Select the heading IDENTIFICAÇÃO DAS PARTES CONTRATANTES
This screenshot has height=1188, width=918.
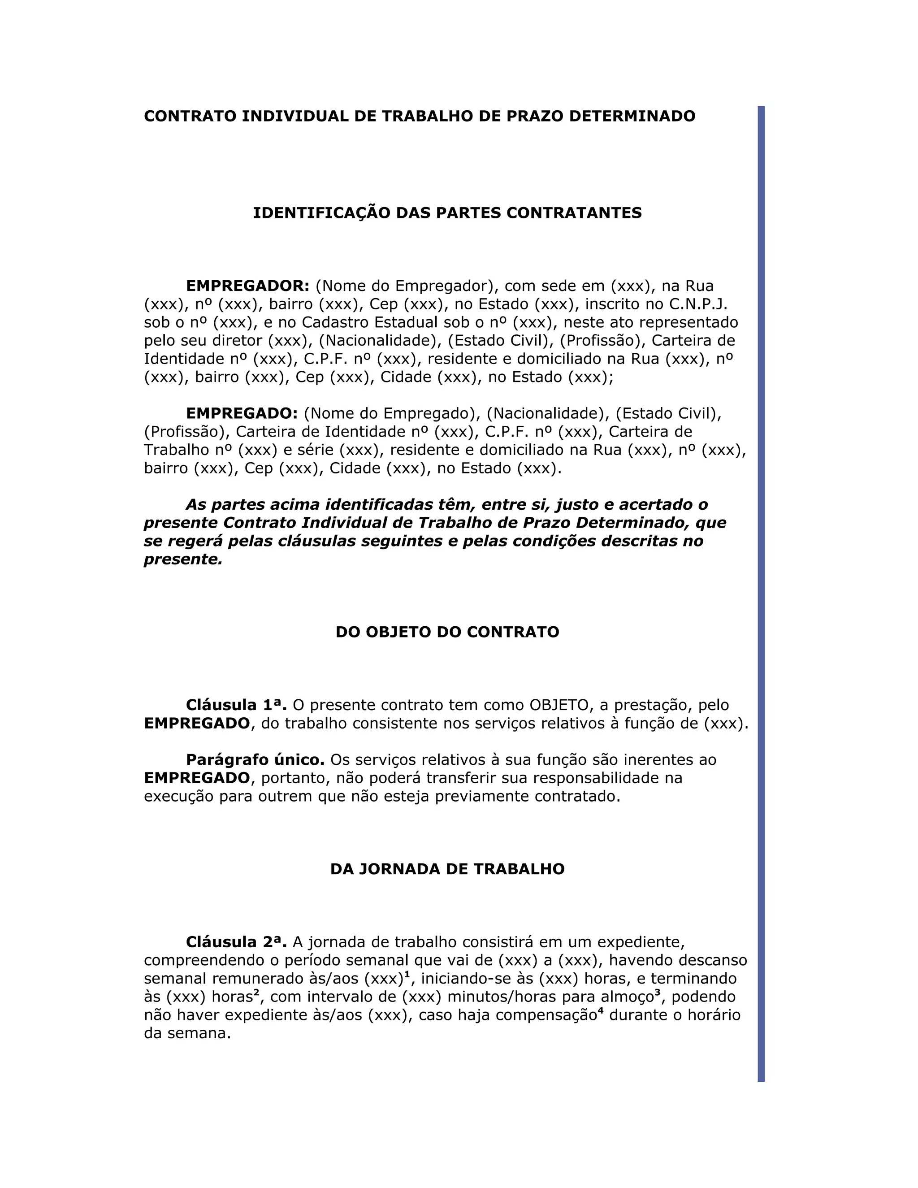coord(447,212)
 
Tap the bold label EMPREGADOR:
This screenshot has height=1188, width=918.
coord(247,286)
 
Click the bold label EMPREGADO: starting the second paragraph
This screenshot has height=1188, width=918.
coord(242,413)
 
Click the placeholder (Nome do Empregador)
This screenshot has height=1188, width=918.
coord(407,286)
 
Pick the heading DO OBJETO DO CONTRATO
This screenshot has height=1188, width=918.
coord(447,632)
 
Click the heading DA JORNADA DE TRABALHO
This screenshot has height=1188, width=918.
coord(447,869)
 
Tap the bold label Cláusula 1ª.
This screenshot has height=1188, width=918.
coord(236,705)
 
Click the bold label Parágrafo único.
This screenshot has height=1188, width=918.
coord(255,760)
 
